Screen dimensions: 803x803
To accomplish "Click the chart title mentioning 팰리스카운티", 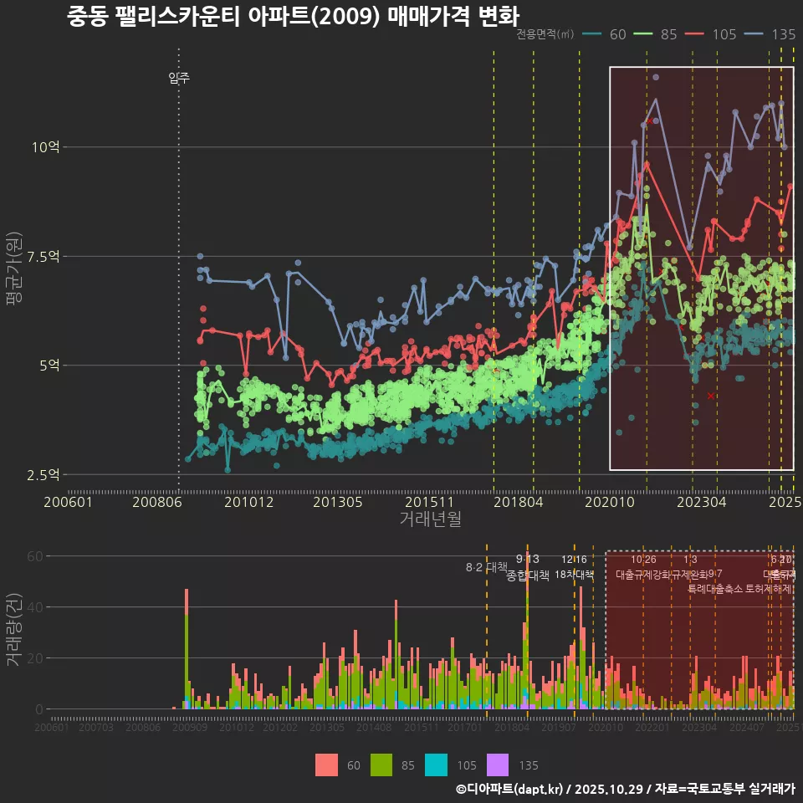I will coord(293,17).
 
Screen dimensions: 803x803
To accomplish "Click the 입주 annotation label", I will coord(179,79).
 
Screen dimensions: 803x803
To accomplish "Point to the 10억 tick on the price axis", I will coord(46,147).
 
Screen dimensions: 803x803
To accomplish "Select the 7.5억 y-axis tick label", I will coord(43,256).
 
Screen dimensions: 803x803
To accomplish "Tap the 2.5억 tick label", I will coord(43,474).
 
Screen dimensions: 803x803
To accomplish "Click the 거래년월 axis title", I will coord(430,519).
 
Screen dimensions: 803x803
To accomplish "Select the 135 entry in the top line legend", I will coord(783,34).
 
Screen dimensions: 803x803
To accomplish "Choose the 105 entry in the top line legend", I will coord(724,34).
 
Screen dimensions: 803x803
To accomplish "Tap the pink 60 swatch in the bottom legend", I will coord(327,765).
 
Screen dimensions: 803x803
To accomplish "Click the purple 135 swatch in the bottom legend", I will coord(498,765).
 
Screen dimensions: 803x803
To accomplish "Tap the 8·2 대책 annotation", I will coord(487,567).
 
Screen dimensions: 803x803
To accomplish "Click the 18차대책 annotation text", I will coord(574,575).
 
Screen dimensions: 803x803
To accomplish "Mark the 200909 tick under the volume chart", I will coord(190,728).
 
